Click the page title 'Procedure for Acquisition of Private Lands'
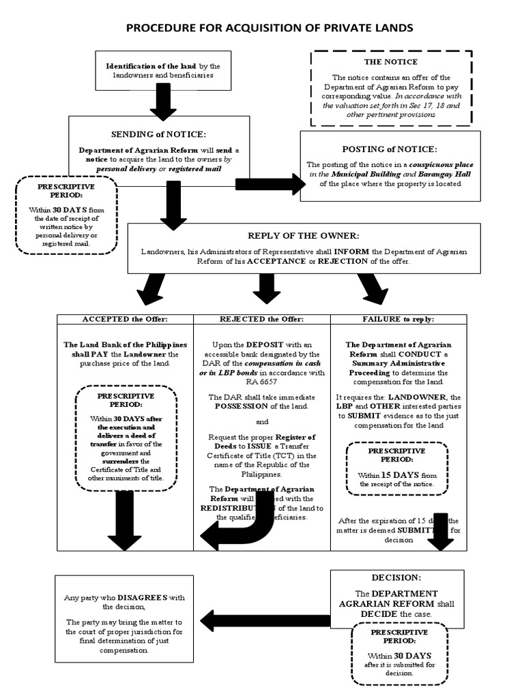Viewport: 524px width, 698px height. click(x=269, y=28)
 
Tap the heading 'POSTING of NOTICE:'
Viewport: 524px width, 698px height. click(x=390, y=149)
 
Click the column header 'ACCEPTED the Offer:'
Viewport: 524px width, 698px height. click(x=125, y=319)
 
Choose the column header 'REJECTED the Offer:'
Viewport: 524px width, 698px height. click(x=262, y=319)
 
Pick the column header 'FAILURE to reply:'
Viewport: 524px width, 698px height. click(x=399, y=319)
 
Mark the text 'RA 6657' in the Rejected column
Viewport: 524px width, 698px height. click(x=262, y=382)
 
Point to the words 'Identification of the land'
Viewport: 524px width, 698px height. click(x=151, y=66)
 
